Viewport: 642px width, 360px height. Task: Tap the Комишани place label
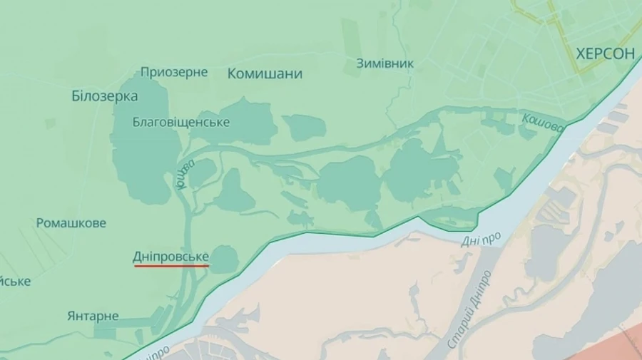tap(265, 74)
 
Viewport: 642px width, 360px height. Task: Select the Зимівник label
tap(384, 63)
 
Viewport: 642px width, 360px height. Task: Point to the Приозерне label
tap(174, 72)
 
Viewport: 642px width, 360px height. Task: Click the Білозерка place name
tap(105, 96)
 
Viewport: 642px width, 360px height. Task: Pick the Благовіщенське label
tap(181, 123)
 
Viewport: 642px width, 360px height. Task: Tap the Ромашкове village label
tap(71, 223)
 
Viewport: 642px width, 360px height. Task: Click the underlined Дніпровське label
tap(170, 257)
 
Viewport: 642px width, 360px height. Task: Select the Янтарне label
tap(93, 316)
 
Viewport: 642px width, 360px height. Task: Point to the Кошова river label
tap(542, 123)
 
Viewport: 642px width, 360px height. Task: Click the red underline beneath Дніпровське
tap(170, 266)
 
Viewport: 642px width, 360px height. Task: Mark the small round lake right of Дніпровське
tap(224, 259)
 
